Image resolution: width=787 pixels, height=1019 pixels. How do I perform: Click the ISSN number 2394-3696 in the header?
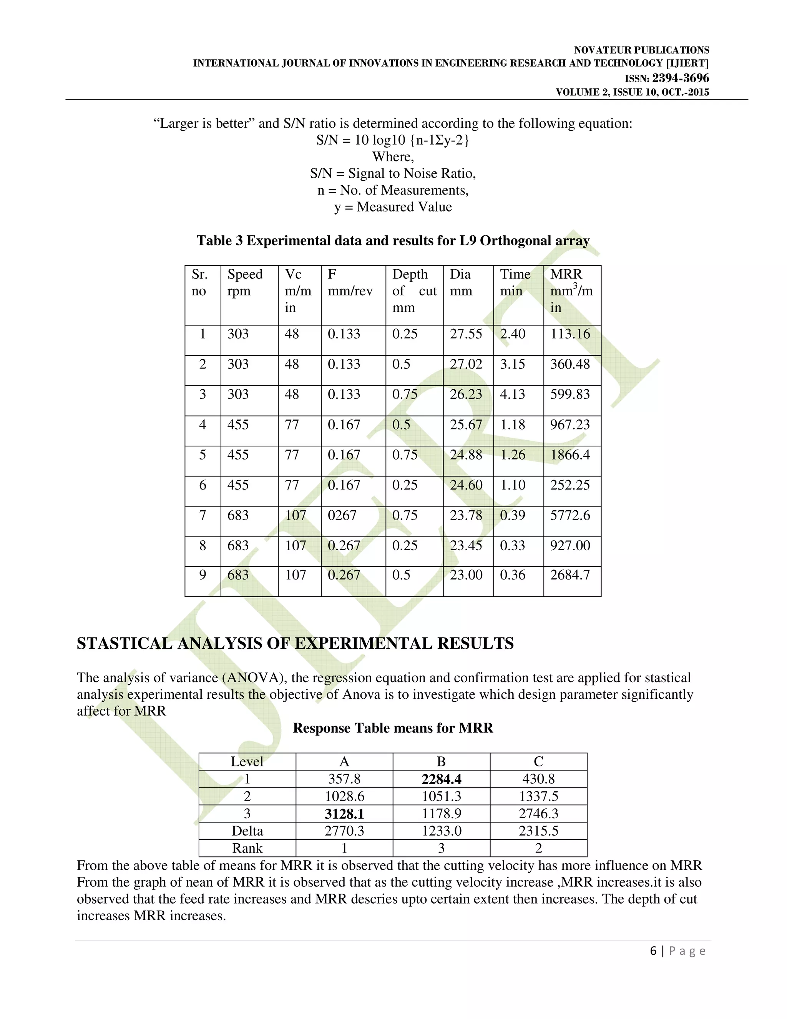coord(680,78)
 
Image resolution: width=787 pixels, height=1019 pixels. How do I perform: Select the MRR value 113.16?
coord(570,334)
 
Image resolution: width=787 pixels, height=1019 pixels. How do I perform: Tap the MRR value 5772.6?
coord(570,515)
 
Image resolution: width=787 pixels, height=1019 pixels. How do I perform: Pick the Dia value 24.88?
coord(466,455)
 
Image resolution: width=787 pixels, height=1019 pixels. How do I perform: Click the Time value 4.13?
coord(512,394)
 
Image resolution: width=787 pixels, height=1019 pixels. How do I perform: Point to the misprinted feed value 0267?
coord(342,515)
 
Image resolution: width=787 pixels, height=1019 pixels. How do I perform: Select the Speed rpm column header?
coord(245,282)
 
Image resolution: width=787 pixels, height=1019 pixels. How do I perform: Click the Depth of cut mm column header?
coord(414,290)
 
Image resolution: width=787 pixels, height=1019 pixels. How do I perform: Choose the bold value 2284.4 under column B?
coord(441,779)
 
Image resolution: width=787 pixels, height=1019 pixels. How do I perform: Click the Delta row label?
coord(247,831)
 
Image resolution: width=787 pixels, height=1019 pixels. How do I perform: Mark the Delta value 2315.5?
coord(538,831)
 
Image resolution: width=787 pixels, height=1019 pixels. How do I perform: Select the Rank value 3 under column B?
coord(441,848)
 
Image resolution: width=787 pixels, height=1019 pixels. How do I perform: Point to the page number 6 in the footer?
coord(653,951)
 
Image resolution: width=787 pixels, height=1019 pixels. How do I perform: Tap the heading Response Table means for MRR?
coord(393,728)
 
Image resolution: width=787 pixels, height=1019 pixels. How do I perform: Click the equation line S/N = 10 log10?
coord(393,140)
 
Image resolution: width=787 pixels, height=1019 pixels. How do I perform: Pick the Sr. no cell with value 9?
coord(203,575)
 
